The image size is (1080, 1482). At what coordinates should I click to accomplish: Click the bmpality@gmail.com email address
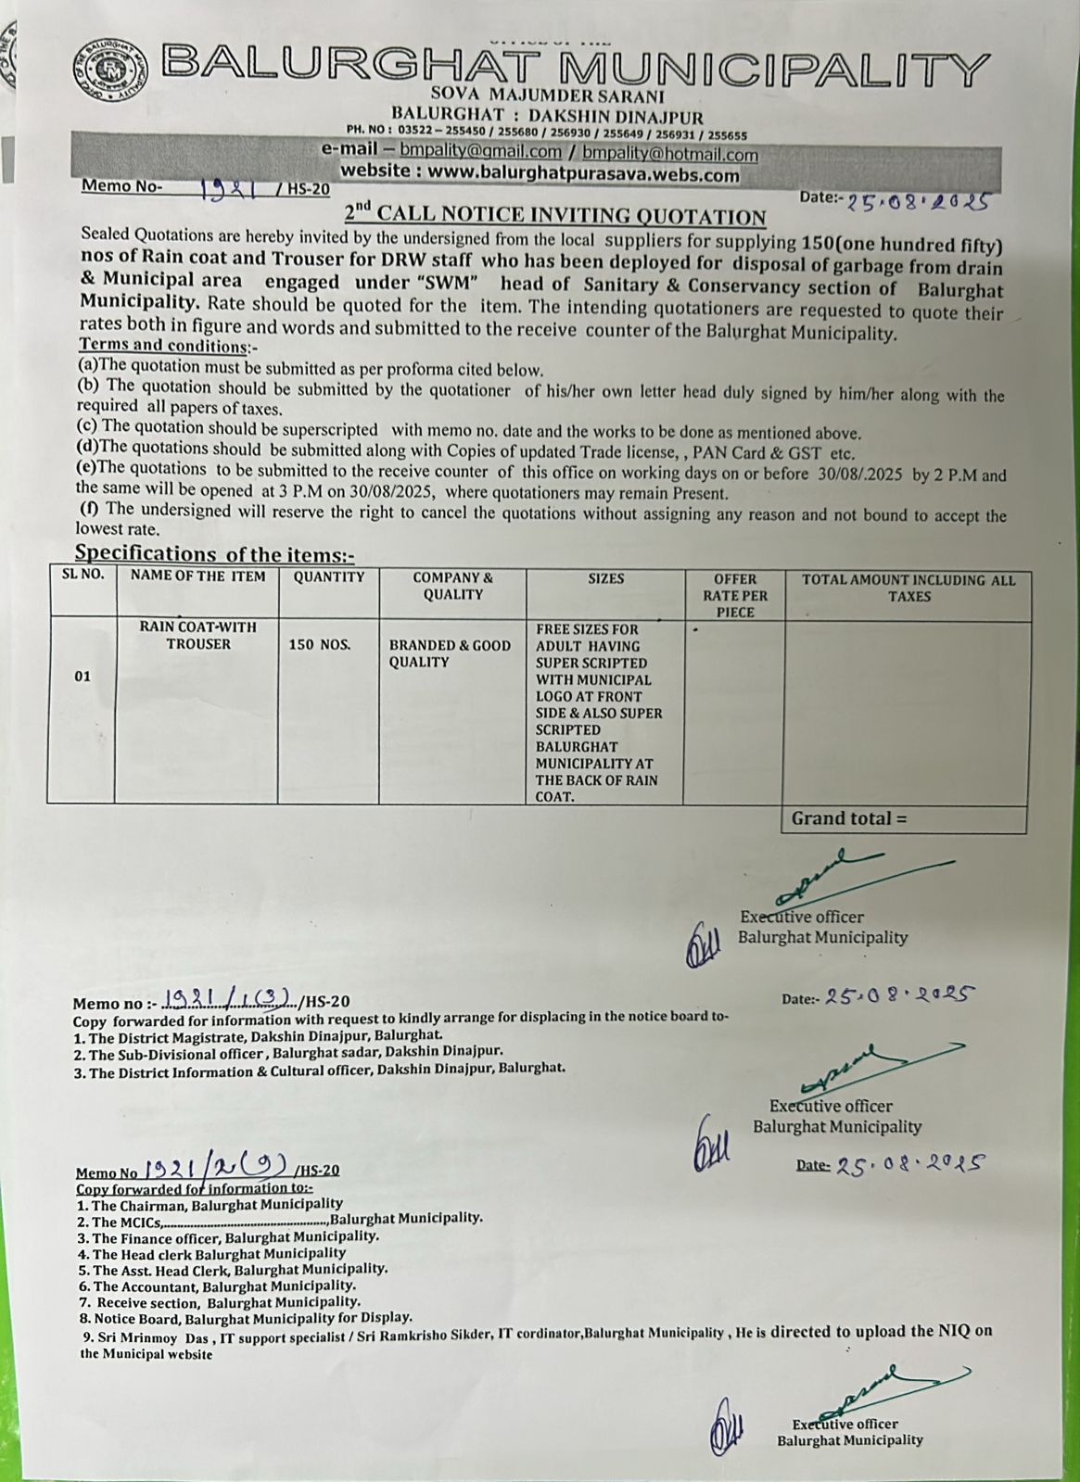point(480,152)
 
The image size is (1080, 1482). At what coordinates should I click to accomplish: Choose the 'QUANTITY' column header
point(328,576)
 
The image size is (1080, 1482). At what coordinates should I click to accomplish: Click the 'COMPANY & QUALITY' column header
point(452,586)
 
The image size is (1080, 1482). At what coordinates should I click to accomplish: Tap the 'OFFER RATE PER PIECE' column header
point(734,595)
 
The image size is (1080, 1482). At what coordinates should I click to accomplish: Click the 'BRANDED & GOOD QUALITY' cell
point(450,653)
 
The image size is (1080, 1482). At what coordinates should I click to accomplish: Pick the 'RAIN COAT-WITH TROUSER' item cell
point(197,635)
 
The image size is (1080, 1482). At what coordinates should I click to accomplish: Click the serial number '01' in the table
point(83,677)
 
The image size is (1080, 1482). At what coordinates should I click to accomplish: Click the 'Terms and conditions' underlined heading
point(163,347)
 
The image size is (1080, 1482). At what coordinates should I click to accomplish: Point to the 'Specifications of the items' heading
point(213,554)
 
